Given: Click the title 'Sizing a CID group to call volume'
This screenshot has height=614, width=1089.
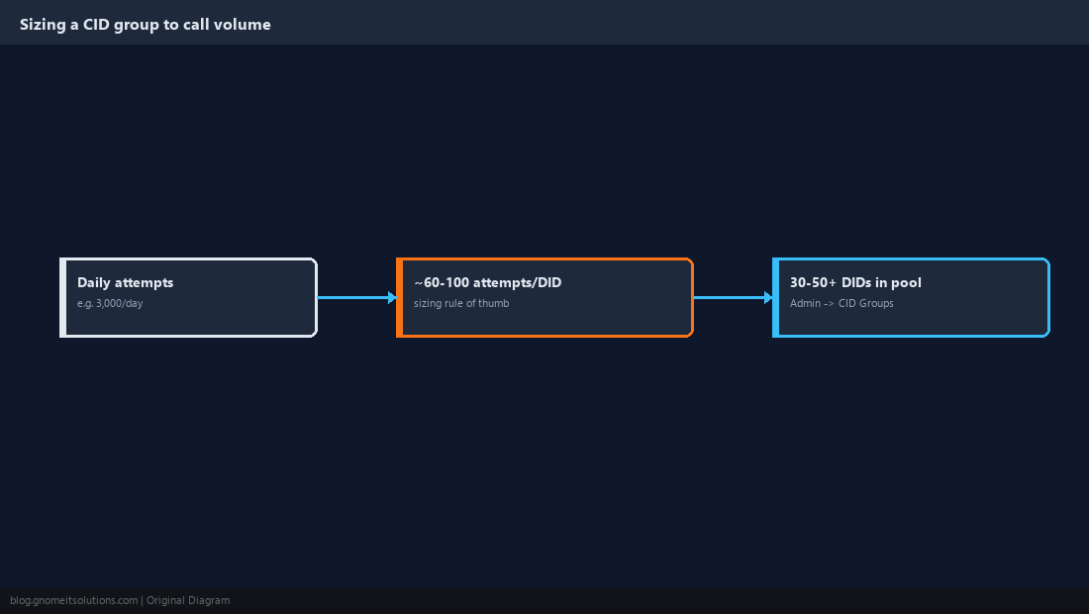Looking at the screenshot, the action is click(x=146, y=25).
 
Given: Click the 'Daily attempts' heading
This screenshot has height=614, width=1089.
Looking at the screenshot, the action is click(x=125, y=282).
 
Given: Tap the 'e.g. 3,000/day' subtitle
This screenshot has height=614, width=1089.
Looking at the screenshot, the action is click(x=110, y=303).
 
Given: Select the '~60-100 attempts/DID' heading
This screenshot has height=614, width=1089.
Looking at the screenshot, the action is click(x=487, y=282).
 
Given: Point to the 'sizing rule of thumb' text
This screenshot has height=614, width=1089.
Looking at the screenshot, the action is click(x=461, y=303).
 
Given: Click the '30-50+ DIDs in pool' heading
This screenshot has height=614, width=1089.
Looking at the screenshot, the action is click(x=855, y=282).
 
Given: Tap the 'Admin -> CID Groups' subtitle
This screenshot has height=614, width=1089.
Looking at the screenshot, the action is click(x=841, y=303).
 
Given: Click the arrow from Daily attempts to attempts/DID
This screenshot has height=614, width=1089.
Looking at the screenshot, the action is click(x=357, y=298).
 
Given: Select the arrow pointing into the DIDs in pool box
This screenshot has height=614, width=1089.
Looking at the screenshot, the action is click(x=734, y=298).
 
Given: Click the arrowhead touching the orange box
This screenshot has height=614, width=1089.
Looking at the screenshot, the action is click(x=392, y=298).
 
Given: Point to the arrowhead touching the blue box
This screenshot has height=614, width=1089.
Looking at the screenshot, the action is click(x=769, y=298).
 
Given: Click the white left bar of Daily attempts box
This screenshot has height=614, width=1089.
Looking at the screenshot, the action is click(x=63, y=298).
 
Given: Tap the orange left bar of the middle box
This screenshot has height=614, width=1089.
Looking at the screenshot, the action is click(x=399, y=298).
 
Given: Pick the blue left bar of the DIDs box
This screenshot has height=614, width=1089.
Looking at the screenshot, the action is click(x=776, y=298).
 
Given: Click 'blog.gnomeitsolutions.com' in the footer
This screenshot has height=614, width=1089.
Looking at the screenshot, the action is click(x=73, y=601).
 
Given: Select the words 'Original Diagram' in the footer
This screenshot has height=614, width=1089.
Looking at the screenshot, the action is click(x=188, y=601).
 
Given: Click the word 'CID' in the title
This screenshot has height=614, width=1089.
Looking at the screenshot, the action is click(x=97, y=25).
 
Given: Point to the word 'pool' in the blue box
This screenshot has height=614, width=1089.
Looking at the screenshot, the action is click(x=906, y=282).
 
